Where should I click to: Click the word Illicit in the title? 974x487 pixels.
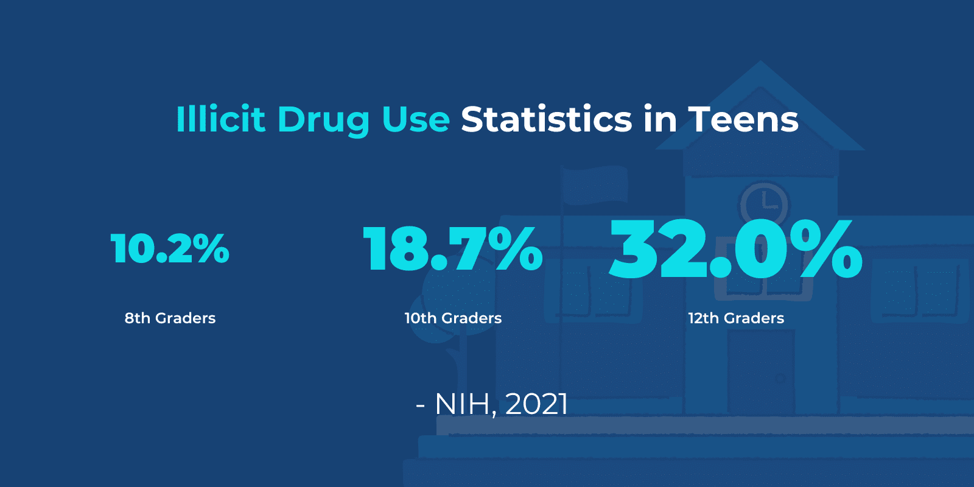(x=220, y=119)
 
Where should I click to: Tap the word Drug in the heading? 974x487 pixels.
(x=323, y=120)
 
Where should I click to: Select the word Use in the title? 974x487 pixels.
(x=416, y=119)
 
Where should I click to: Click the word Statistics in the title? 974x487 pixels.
(x=547, y=119)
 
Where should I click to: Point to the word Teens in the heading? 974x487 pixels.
(x=743, y=119)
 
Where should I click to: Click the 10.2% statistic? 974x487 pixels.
(x=170, y=248)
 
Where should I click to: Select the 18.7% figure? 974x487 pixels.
(x=452, y=248)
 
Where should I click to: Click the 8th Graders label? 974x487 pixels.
(x=170, y=318)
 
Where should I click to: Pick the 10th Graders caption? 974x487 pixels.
(x=453, y=318)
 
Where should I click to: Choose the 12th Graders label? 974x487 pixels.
(x=736, y=318)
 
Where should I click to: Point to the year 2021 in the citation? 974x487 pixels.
(x=536, y=404)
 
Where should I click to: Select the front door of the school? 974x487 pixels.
(x=761, y=371)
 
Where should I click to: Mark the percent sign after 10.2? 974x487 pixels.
(x=209, y=248)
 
